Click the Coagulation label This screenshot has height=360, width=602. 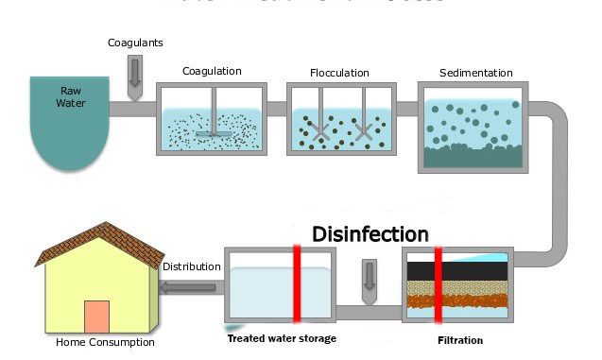click(x=212, y=71)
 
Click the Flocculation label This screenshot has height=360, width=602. click(x=339, y=73)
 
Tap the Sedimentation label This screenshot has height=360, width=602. click(x=475, y=73)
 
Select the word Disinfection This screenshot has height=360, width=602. click(x=370, y=233)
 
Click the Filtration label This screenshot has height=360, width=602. click(x=460, y=340)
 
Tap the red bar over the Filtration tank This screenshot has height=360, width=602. click(x=439, y=283)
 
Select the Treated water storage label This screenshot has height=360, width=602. click(x=282, y=338)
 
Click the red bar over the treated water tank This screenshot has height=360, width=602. click(x=297, y=283)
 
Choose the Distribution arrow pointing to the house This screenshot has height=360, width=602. click(x=190, y=287)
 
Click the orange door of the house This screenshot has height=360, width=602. click(x=96, y=317)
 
